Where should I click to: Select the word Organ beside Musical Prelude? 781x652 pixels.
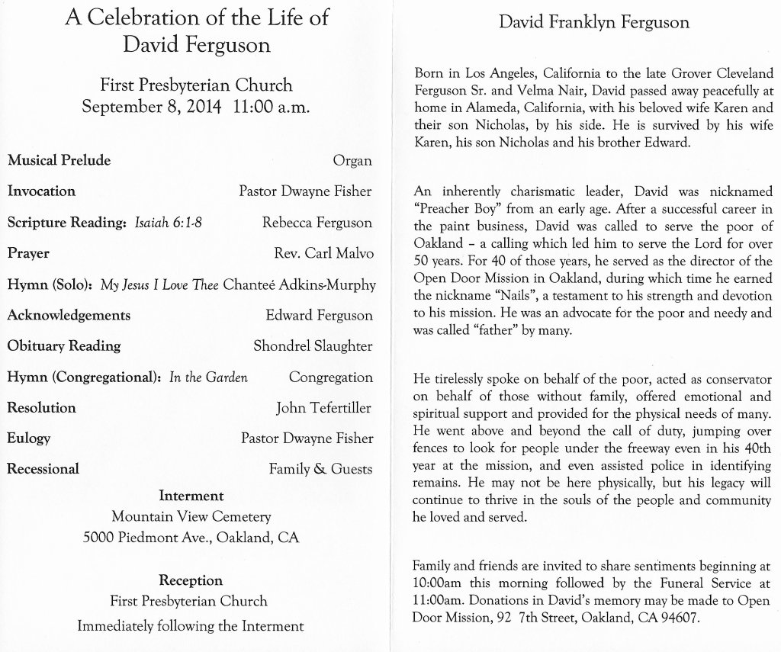point(352,161)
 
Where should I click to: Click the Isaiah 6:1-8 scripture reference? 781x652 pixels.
point(168,223)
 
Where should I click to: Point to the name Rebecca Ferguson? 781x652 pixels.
point(317,223)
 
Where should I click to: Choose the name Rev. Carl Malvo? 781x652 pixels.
point(323,253)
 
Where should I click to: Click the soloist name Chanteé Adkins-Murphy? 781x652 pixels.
point(299,285)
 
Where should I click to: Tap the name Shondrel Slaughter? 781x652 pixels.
point(313,346)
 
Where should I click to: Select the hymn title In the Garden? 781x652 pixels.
point(209,377)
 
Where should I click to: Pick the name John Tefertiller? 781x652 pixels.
point(323,408)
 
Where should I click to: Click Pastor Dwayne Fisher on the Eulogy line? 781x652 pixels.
point(307,438)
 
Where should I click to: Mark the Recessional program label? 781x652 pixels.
point(43,469)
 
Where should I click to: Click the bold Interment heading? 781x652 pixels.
point(191,496)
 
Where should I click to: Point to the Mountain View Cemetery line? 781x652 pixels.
point(191,517)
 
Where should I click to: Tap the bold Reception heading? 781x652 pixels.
point(191,580)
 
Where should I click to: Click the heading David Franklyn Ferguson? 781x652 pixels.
point(593,22)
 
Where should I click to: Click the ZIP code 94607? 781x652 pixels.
point(677,618)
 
